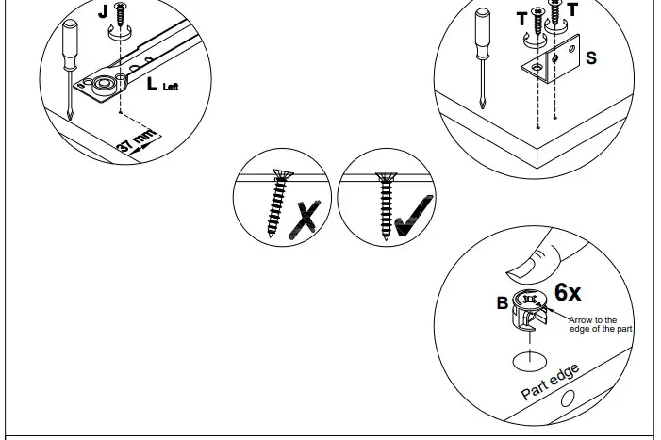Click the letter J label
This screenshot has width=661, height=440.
103,13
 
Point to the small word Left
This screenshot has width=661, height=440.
171,88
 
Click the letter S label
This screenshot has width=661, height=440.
590,58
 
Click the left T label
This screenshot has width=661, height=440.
521,18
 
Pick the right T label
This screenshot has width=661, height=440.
572,10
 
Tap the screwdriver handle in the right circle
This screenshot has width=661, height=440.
483,29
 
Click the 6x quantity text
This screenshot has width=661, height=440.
568,292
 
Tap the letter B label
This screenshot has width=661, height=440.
503,303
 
